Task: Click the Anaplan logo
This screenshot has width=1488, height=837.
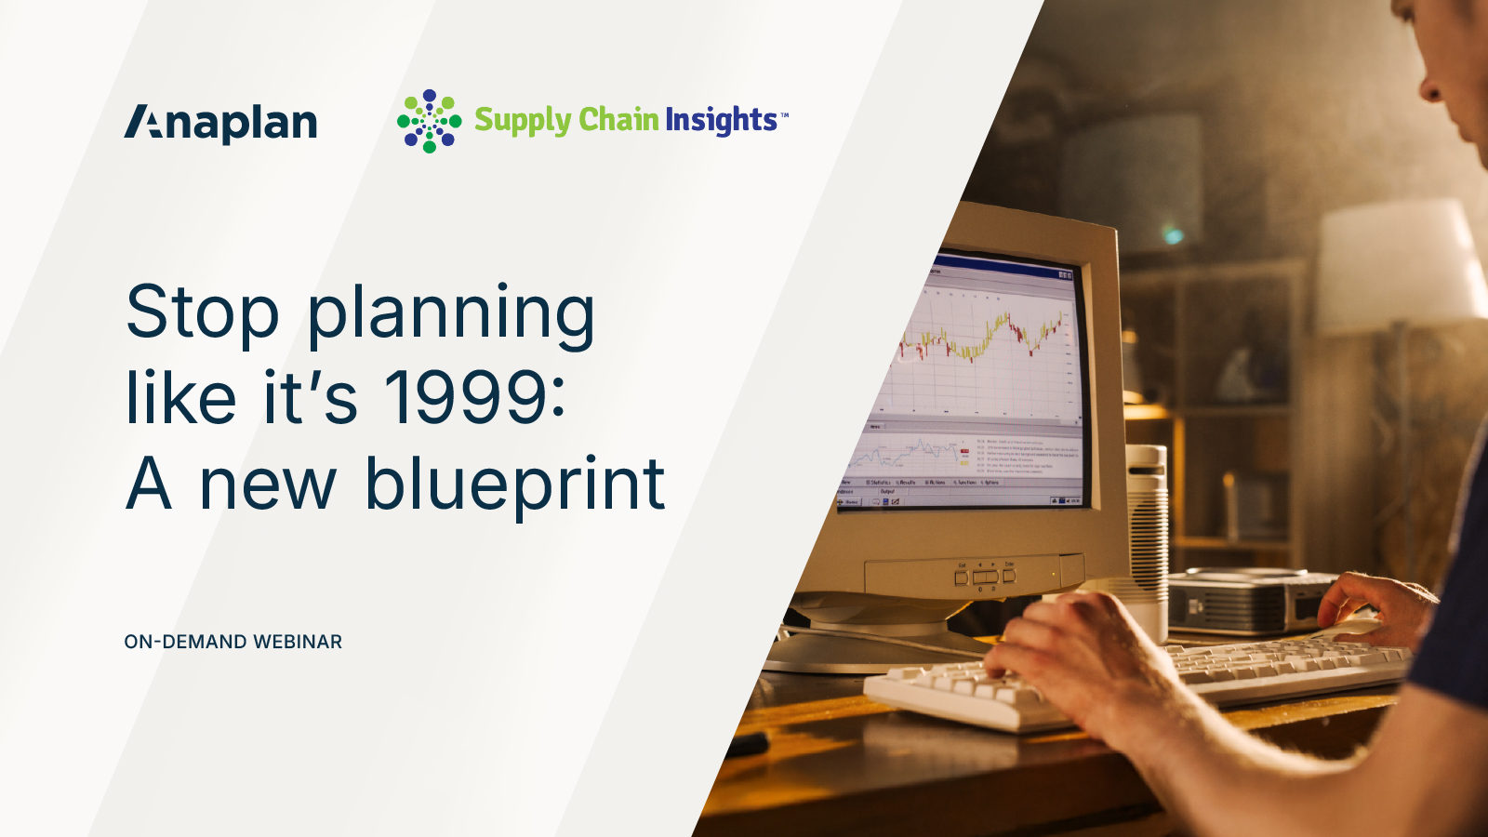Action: coord(220,123)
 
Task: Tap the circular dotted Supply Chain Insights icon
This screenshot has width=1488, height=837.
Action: coord(429,121)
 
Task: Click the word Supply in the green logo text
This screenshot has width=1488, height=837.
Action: coord(522,121)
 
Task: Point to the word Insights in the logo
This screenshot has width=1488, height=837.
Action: coord(721,120)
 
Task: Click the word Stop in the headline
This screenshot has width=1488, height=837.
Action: coord(202,313)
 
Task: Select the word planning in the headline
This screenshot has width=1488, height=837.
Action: coord(451,315)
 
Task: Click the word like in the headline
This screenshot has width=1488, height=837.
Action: coord(181,398)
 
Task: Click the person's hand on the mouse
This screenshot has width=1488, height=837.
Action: coord(1376,604)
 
